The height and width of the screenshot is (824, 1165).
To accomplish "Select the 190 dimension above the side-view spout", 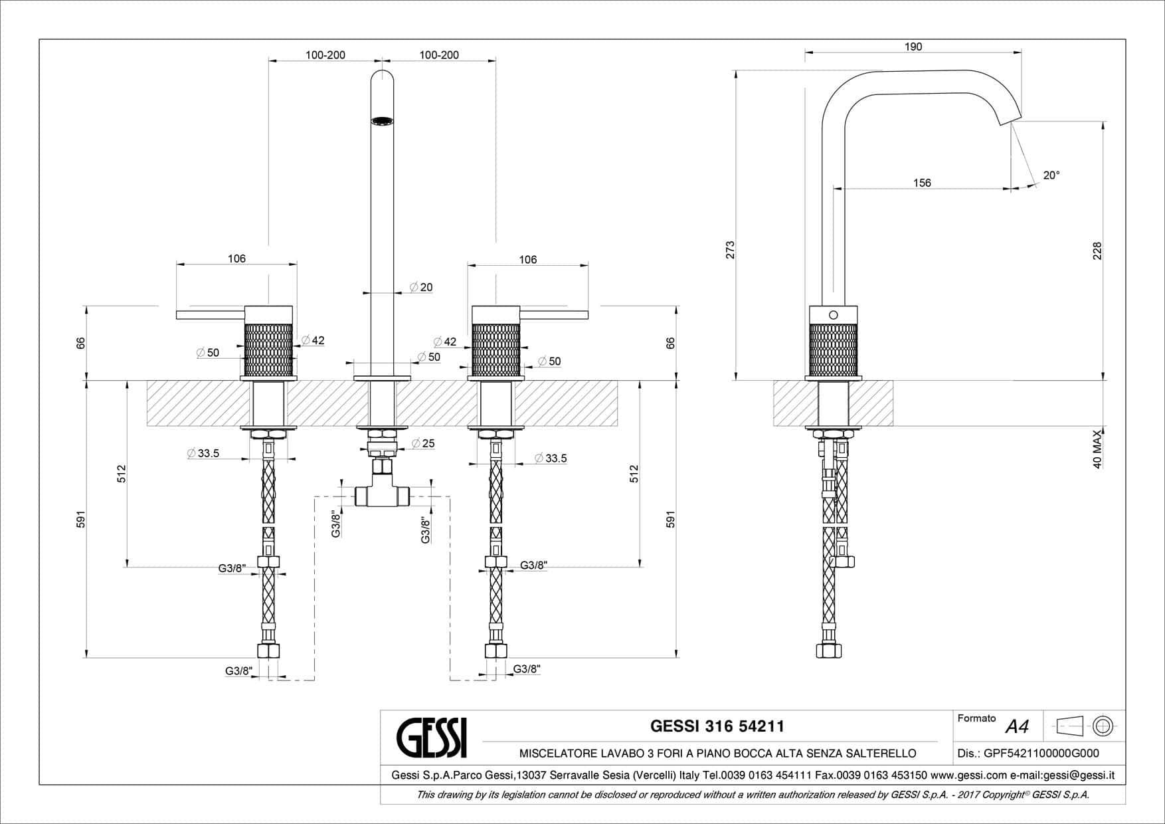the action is pos(913,47).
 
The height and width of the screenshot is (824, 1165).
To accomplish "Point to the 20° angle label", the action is pos(1051,175).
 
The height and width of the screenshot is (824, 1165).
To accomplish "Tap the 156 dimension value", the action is pos(922,183).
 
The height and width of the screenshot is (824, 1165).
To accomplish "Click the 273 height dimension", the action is pos(730,250).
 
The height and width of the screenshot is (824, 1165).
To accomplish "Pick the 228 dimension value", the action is pos(1097,251).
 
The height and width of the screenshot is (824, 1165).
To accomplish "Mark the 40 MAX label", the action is pos(1097,450).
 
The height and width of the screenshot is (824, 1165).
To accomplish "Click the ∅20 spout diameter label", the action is pos(421,287).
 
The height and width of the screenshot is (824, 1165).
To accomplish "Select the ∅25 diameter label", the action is pos(423,443).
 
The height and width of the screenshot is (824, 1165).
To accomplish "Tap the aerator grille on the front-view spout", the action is pos(381,121).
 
